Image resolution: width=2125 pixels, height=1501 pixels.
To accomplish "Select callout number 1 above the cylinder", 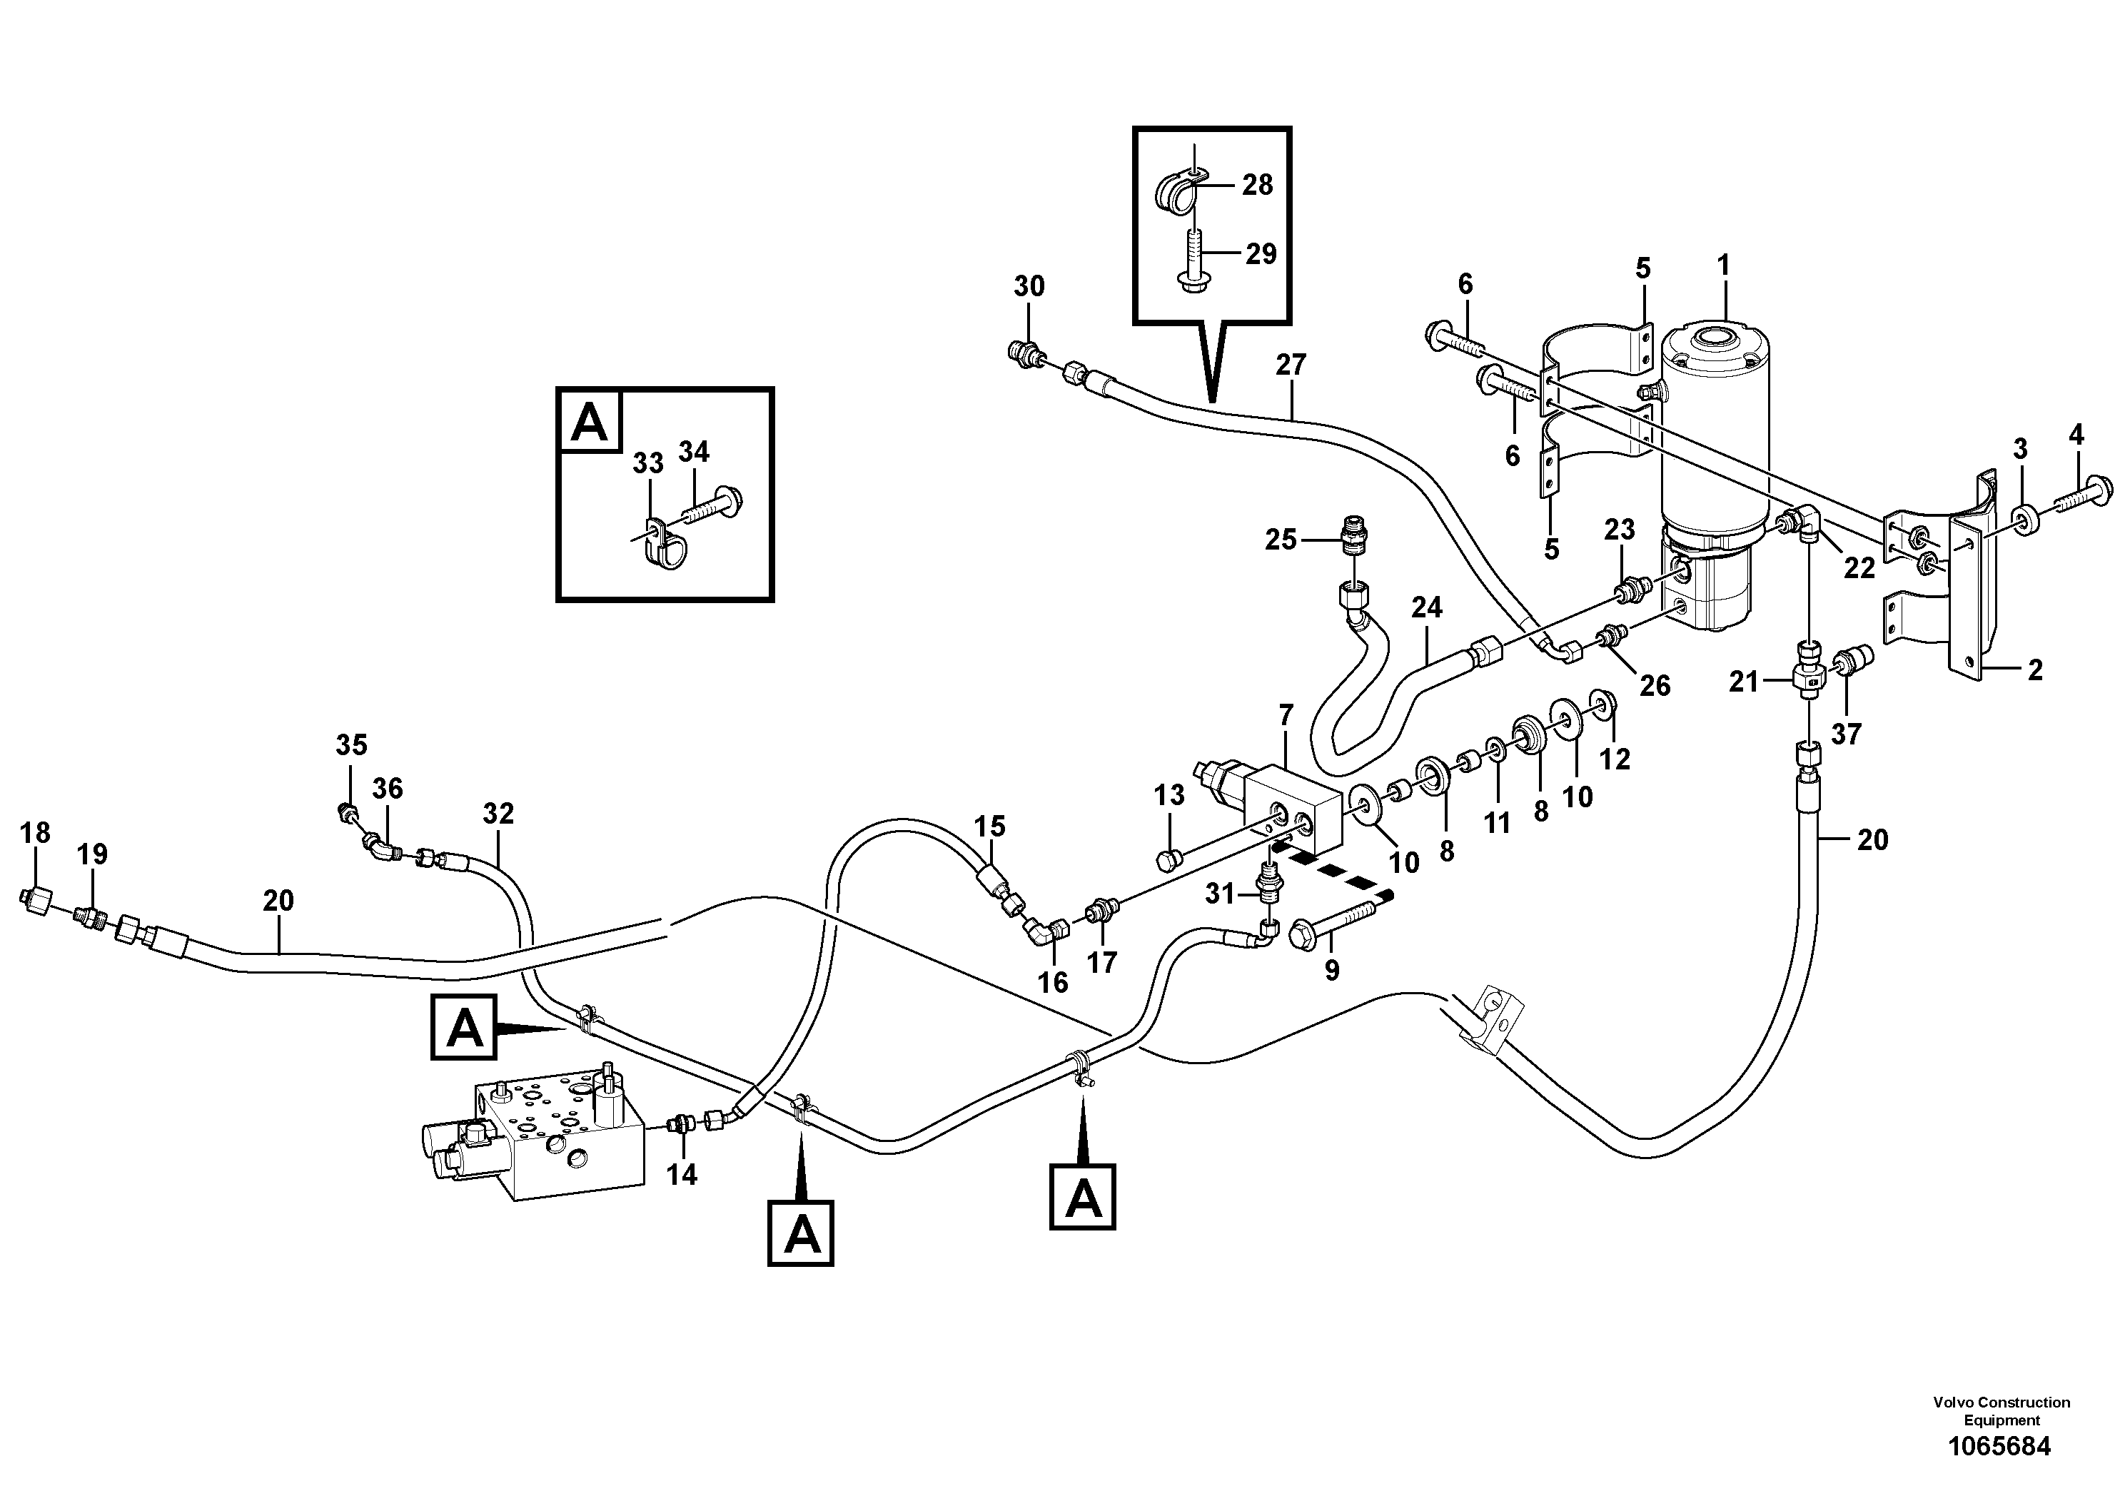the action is click(1722, 266).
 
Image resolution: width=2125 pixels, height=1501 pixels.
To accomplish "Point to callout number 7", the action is click(1286, 714).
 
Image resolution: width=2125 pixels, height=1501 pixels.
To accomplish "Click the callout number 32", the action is click(498, 814).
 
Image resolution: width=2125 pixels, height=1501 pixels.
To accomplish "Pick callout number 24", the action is click(1426, 607).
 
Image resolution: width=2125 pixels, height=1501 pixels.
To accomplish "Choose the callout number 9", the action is click(1331, 971).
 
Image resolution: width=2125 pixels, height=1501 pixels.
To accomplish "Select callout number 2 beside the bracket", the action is click(2034, 670).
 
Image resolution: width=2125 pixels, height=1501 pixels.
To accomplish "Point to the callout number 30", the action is click(1029, 287).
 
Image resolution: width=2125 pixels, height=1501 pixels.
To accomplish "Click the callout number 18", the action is click(35, 833).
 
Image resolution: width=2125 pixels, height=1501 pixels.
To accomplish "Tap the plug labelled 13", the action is click(1167, 861).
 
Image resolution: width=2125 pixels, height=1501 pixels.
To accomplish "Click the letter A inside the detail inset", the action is click(590, 421).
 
